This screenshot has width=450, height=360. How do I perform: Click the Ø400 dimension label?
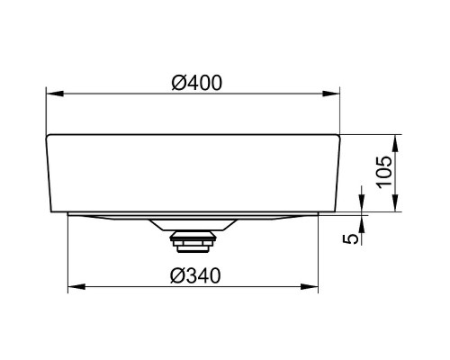[x=197, y=83]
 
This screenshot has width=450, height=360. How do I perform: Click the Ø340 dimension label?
[x=195, y=275]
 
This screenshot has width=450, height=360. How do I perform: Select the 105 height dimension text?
[x=384, y=172]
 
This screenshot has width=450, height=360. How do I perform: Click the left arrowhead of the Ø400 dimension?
[x=55, y=94]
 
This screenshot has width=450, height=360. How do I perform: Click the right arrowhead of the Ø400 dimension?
[x=331, y=94]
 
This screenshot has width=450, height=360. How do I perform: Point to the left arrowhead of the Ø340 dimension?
[x=76, y=287]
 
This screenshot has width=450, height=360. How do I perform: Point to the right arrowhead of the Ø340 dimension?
[x=310, y=287]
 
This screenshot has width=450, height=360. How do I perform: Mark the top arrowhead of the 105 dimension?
[x=395, y=143]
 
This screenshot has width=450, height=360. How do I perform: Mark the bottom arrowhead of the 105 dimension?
[x=395, y=203]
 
